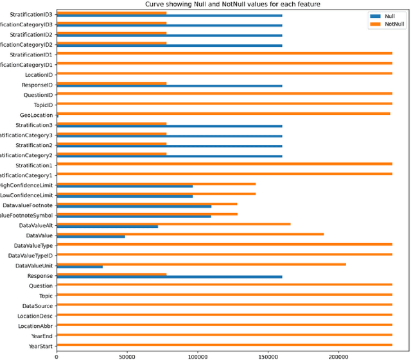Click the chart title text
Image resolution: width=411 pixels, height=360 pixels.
coord(232,4)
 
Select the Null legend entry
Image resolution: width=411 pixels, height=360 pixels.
coord(389,15)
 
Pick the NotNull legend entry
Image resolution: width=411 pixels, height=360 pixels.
coord(394,24)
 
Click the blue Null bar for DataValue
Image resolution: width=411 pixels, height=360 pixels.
coord(91,237)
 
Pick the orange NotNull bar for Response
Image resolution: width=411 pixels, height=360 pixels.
coord(111,274)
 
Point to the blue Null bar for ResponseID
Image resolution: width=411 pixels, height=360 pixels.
coord(169,85)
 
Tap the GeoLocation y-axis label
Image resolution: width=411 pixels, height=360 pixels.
coord(37,115)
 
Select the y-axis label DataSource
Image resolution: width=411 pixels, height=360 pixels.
coord(38,305)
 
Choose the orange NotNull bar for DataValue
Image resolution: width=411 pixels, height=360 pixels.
coord(190,234)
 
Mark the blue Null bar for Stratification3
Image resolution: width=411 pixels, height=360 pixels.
coord(169,126)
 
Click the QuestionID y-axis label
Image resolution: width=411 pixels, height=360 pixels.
coord(38,94)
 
